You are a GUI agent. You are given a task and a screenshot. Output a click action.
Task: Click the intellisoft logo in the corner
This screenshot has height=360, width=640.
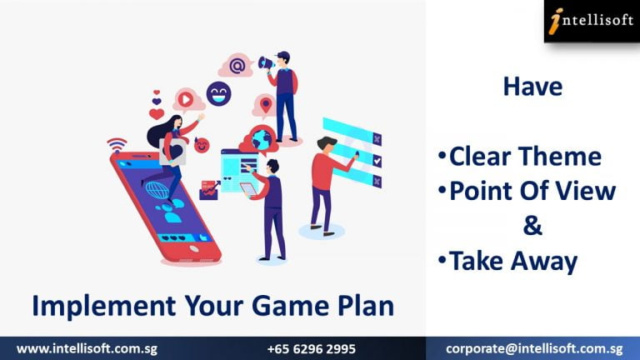592,21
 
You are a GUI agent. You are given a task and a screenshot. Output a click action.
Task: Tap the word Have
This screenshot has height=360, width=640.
532,87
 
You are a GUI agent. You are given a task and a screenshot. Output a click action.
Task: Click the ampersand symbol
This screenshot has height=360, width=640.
532,226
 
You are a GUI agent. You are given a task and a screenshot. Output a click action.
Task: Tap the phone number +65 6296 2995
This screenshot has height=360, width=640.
312,349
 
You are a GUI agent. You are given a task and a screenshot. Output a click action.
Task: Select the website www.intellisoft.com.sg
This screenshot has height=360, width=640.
87,349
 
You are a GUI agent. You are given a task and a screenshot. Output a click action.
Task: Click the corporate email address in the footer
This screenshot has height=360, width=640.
534,349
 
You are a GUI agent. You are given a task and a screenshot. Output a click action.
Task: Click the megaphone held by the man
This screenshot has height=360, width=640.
265,63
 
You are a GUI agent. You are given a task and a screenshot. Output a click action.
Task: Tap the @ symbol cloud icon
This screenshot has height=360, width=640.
237,65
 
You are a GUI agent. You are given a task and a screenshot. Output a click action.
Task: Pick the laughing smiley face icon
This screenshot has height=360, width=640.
219,93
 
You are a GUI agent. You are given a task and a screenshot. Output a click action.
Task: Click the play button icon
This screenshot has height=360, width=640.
186,99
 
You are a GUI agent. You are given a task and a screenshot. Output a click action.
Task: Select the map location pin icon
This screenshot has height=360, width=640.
266,105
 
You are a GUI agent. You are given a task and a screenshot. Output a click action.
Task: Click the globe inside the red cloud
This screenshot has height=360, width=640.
261,139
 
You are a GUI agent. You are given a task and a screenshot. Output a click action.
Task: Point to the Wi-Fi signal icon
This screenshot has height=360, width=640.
117,145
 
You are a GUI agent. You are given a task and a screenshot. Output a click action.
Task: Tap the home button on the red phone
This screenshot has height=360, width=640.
194,248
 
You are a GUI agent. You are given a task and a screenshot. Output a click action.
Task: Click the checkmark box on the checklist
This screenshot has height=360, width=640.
377,160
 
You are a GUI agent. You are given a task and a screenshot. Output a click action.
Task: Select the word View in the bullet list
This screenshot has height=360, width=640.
592,191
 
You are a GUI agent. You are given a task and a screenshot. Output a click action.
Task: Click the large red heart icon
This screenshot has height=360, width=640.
157,114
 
